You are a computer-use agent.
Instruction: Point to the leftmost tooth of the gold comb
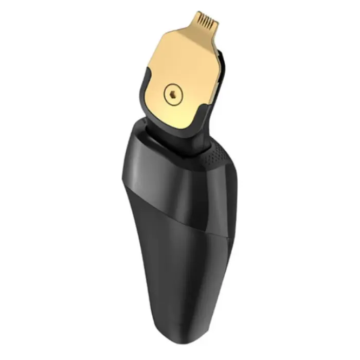click(x=199, y=21)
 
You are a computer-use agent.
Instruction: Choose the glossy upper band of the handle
click(x=154, y=165)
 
